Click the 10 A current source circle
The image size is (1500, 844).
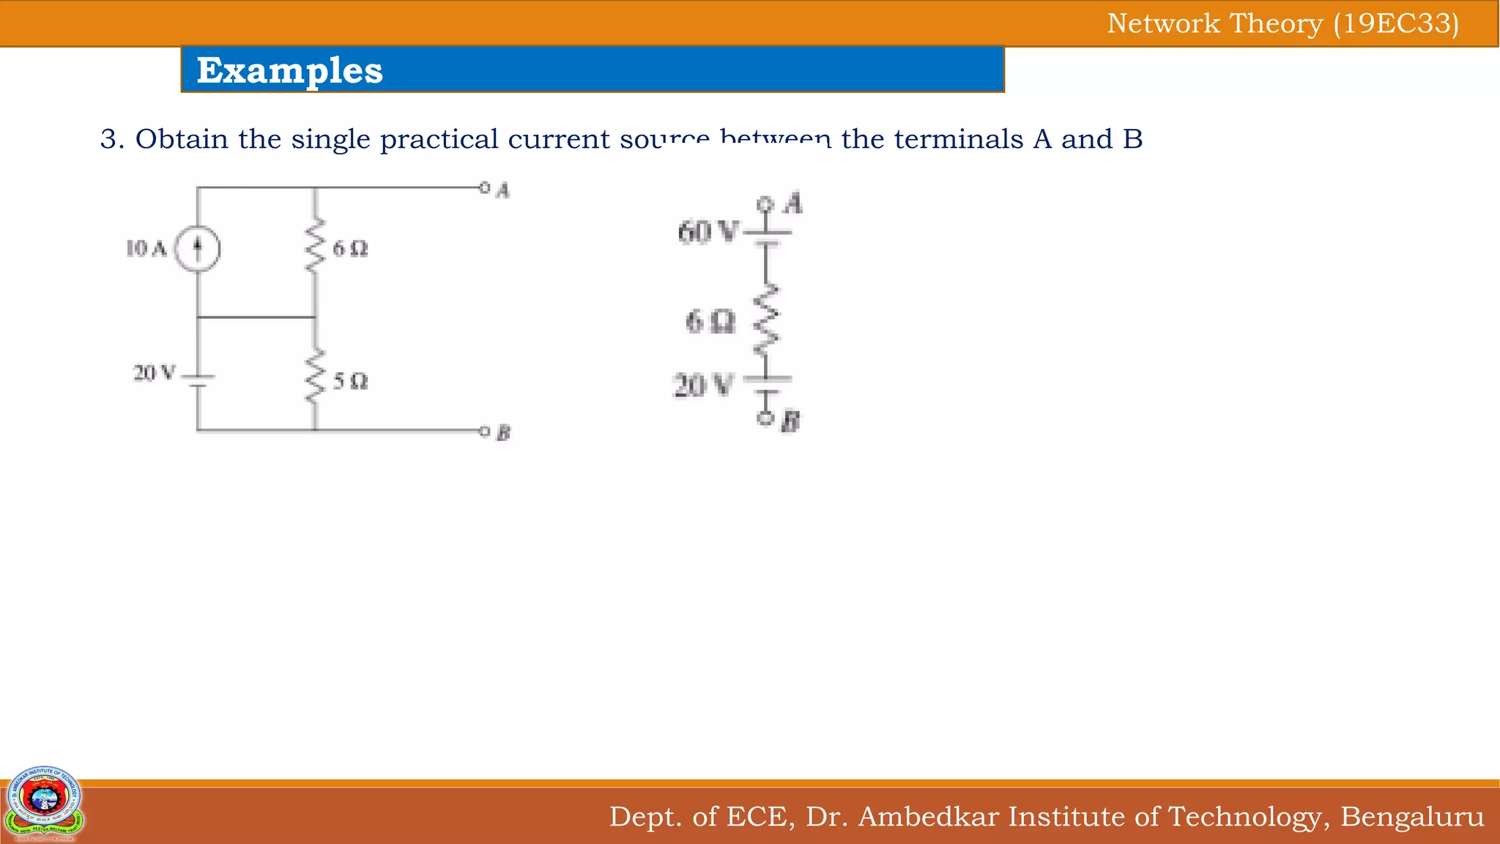point(198,249)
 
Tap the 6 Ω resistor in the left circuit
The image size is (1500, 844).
point(315,246)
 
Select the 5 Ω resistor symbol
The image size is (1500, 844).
point(315,376)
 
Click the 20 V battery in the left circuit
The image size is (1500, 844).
point(198,380)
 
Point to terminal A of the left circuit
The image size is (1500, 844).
point(484,188)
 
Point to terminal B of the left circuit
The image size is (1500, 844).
point(484,431)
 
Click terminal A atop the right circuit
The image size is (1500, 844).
point(765,204)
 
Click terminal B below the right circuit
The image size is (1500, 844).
point(765,418)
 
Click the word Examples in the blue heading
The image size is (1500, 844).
point(289,70)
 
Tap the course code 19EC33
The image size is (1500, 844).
point(1396,23)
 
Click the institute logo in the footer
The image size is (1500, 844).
point(44,803)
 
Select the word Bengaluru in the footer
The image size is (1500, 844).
point(1411,816)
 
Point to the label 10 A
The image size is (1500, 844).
point(146,249)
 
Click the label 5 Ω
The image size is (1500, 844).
point(351,382)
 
